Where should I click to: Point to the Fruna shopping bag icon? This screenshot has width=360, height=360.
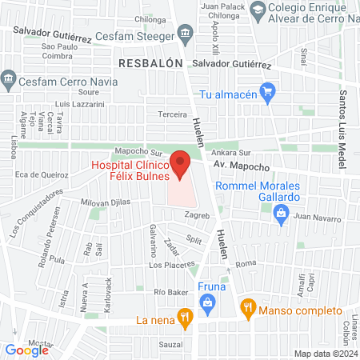click(207, 302)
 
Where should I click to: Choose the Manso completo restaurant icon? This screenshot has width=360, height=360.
click(248, 306)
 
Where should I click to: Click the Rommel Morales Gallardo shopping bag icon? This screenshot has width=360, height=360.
click(281, 212)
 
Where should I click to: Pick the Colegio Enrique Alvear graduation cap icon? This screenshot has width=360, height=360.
click(258, 10)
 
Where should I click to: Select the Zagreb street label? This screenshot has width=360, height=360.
click(196, 216)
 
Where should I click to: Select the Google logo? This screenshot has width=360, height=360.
click(27, 350)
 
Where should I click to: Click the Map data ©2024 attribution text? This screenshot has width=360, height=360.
click(324, 353)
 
